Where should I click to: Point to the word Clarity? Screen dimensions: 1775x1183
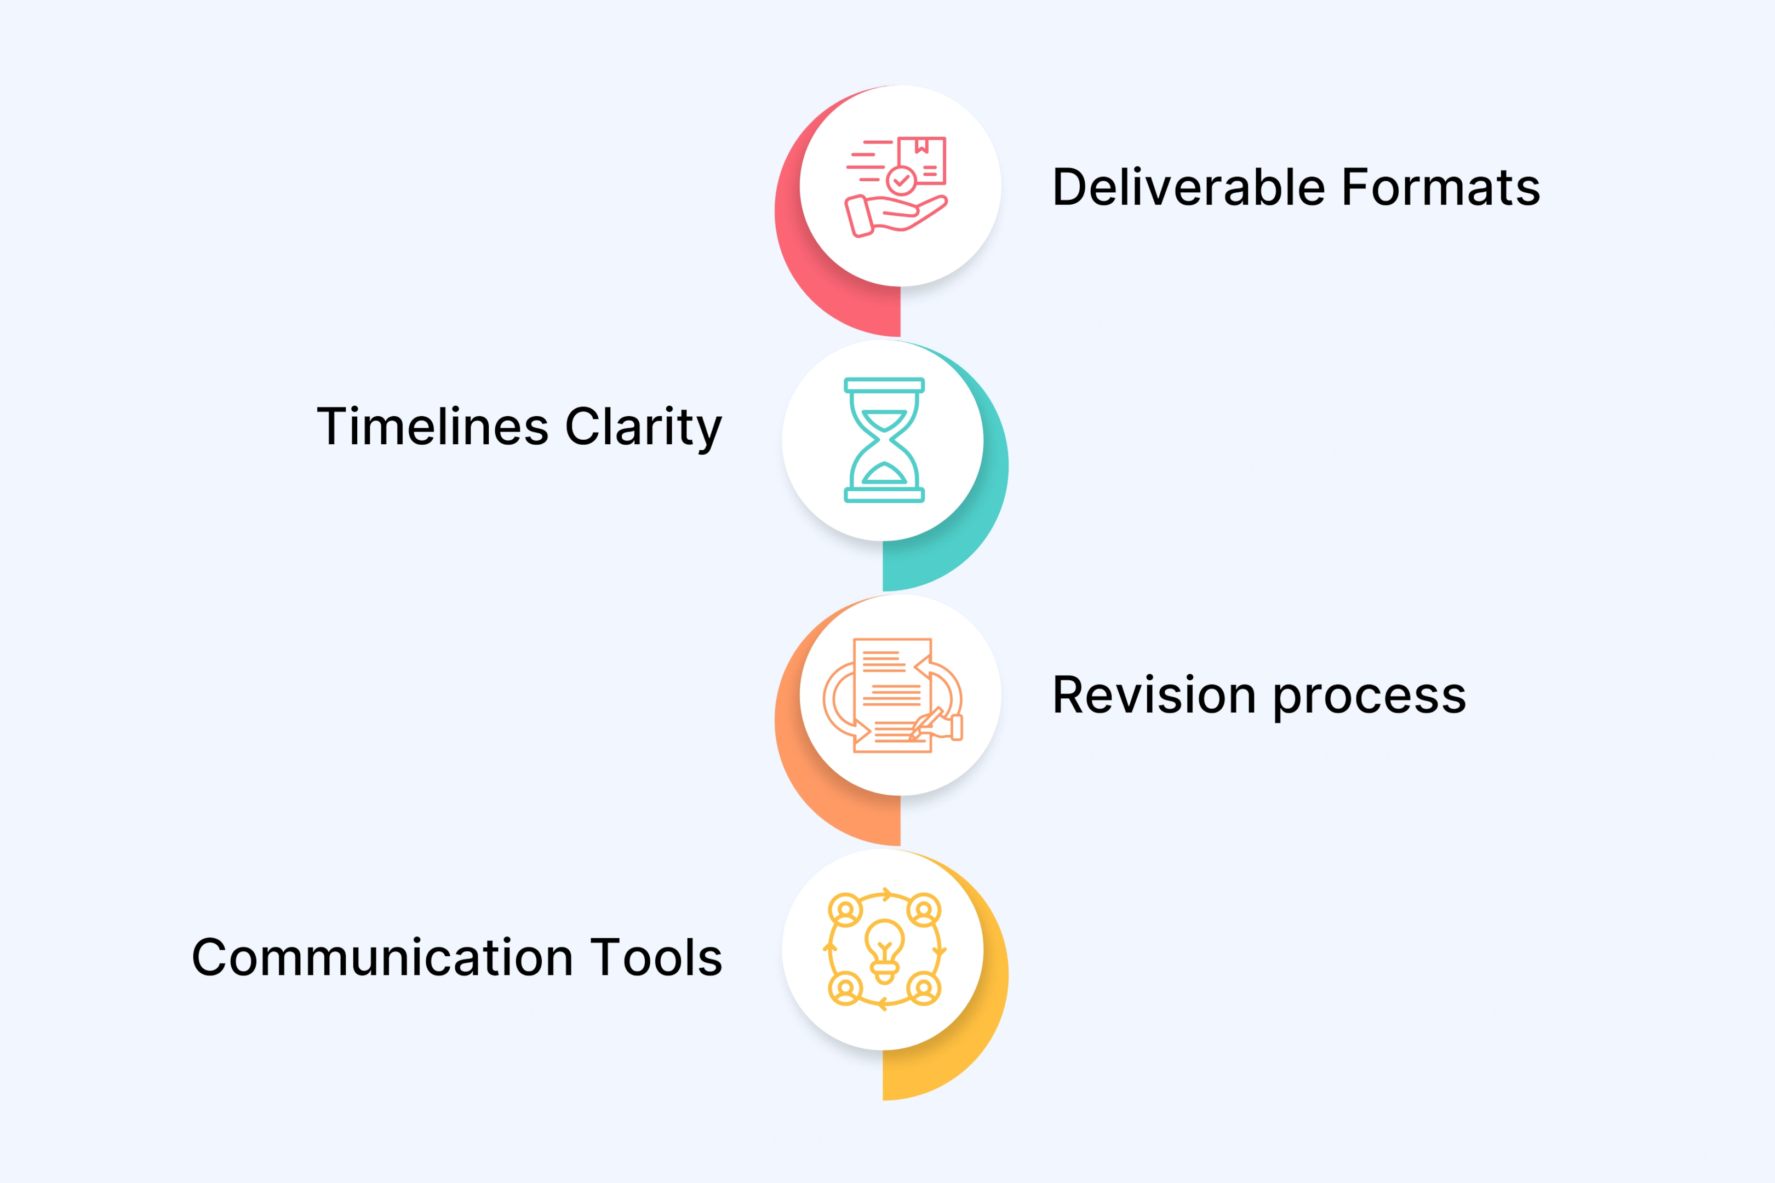coord(644,428)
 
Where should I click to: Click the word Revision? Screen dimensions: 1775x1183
coord(1154,695)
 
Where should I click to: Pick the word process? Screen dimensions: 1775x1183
coord(1370,696)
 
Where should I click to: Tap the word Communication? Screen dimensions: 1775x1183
coord(382,957)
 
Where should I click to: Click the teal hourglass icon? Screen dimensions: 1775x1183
coord(884,440)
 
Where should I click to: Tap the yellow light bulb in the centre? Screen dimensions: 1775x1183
coord(884,949)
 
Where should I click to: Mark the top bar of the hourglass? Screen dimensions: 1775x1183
coord(884,386)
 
